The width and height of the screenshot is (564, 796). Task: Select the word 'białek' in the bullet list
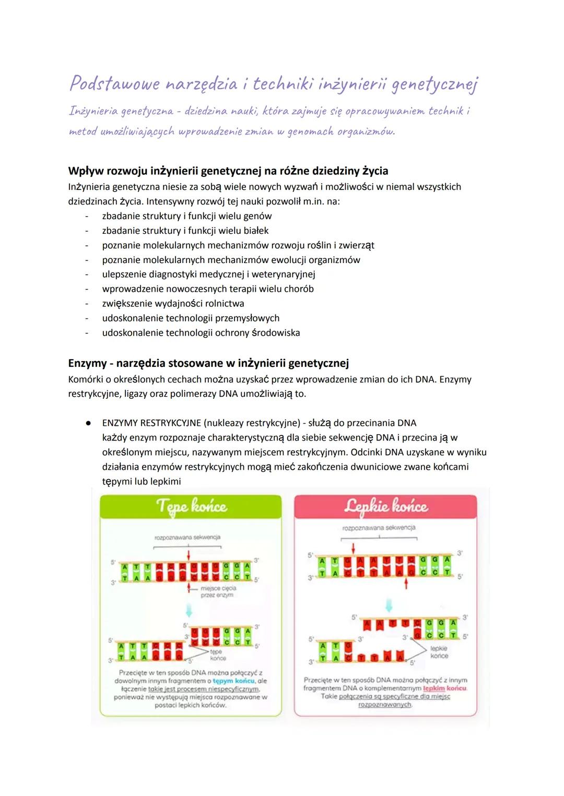point(253,231)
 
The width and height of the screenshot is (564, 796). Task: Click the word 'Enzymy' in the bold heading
point(87,363)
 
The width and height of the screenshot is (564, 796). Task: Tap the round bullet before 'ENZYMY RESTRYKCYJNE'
point(89,423)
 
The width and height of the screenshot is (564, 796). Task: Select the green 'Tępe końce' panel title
point(191,507)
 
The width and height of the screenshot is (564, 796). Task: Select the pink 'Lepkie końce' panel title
point(386,507)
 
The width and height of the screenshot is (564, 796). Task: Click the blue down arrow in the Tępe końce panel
point(189,610)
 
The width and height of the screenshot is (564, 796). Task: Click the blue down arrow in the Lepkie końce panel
point(389,605)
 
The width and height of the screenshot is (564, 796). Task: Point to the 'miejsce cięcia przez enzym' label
point(218,591)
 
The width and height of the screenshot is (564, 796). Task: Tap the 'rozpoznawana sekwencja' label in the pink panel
point(379,528)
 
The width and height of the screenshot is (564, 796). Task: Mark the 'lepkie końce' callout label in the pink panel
point(439,652)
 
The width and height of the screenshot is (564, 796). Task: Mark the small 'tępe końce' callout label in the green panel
point(217,655)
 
